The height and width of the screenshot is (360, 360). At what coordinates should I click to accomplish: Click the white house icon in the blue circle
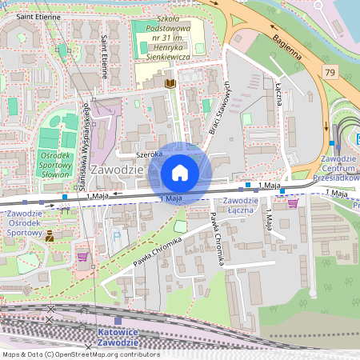coord(180,173)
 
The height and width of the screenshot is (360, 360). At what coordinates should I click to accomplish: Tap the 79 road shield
coord(330,73)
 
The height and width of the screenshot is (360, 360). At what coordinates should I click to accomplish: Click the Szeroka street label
coord(149,154)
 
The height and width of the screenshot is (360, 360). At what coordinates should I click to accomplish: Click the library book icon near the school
coord(169,82)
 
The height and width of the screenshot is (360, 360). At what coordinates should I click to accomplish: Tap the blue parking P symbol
coord(118,237)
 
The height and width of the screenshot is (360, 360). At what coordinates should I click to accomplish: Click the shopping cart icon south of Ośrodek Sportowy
coord(82,257)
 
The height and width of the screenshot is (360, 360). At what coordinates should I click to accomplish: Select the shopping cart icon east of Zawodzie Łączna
coord(293,203)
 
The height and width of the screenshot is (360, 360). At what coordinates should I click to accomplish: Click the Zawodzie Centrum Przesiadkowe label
coord(338,169)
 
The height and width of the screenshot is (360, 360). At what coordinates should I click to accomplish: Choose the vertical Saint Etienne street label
coord(104,54)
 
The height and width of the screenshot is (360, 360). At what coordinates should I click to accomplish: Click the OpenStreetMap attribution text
coord(80,354)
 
